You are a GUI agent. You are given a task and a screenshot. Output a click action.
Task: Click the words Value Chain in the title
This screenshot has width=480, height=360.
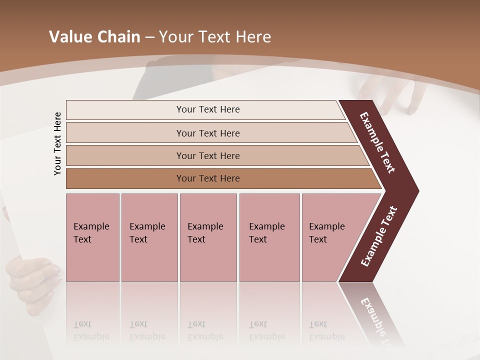point(94,37)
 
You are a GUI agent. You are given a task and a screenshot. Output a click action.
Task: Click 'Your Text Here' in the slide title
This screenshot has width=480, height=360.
point(215,37)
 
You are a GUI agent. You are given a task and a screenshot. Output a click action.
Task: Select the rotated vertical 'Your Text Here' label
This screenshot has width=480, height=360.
point(57,143)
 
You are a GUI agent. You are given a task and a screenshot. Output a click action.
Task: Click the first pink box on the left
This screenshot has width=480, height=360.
point(92,237)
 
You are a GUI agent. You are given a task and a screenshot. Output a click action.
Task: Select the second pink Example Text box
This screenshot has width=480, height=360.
point(149,237)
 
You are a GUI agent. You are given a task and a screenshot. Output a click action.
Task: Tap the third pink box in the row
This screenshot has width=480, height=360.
point(208,237)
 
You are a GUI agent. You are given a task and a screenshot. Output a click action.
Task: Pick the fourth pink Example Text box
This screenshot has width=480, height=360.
point(269,237)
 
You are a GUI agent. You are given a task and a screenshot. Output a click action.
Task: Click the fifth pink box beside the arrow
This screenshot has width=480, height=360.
point(330,237)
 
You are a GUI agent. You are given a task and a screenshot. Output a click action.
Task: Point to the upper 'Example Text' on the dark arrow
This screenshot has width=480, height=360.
point(377,142)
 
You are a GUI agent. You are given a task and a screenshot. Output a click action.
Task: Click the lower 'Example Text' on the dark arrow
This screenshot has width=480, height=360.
point(379,236)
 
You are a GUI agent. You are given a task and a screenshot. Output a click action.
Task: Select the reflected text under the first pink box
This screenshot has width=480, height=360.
point(91,331)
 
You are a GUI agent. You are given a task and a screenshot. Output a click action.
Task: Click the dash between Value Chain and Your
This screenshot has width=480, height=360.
point(149,37)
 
